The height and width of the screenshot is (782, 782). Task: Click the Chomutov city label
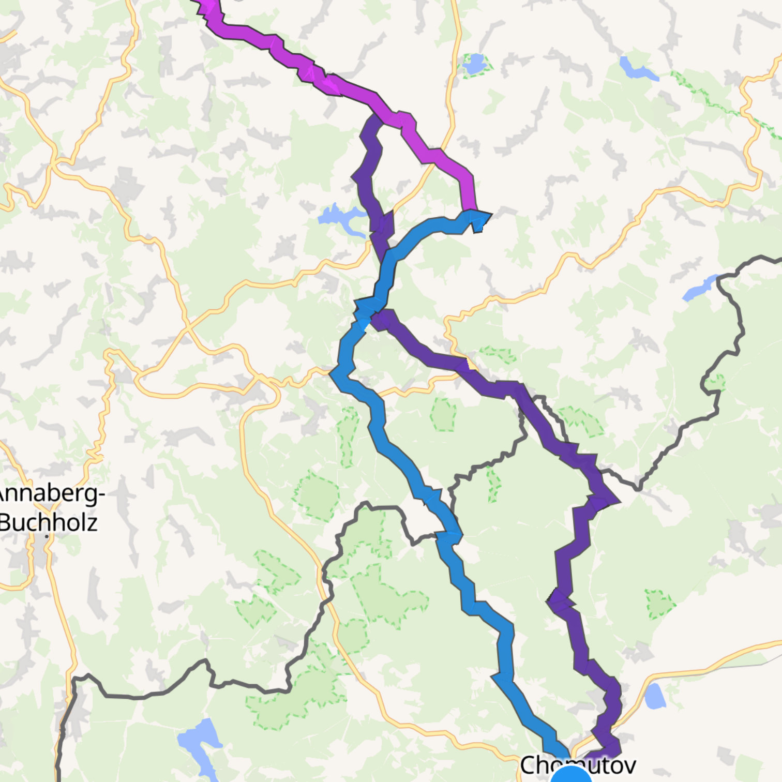click(577, 764)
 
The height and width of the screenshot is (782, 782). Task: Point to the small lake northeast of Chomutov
click(655, 696)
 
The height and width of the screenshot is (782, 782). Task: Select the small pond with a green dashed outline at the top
click(474, 64)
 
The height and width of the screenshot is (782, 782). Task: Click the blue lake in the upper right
click(637, 69)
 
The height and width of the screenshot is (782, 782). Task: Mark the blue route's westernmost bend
click(334, 372)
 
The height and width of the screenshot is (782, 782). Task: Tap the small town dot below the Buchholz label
click(47, 536)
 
